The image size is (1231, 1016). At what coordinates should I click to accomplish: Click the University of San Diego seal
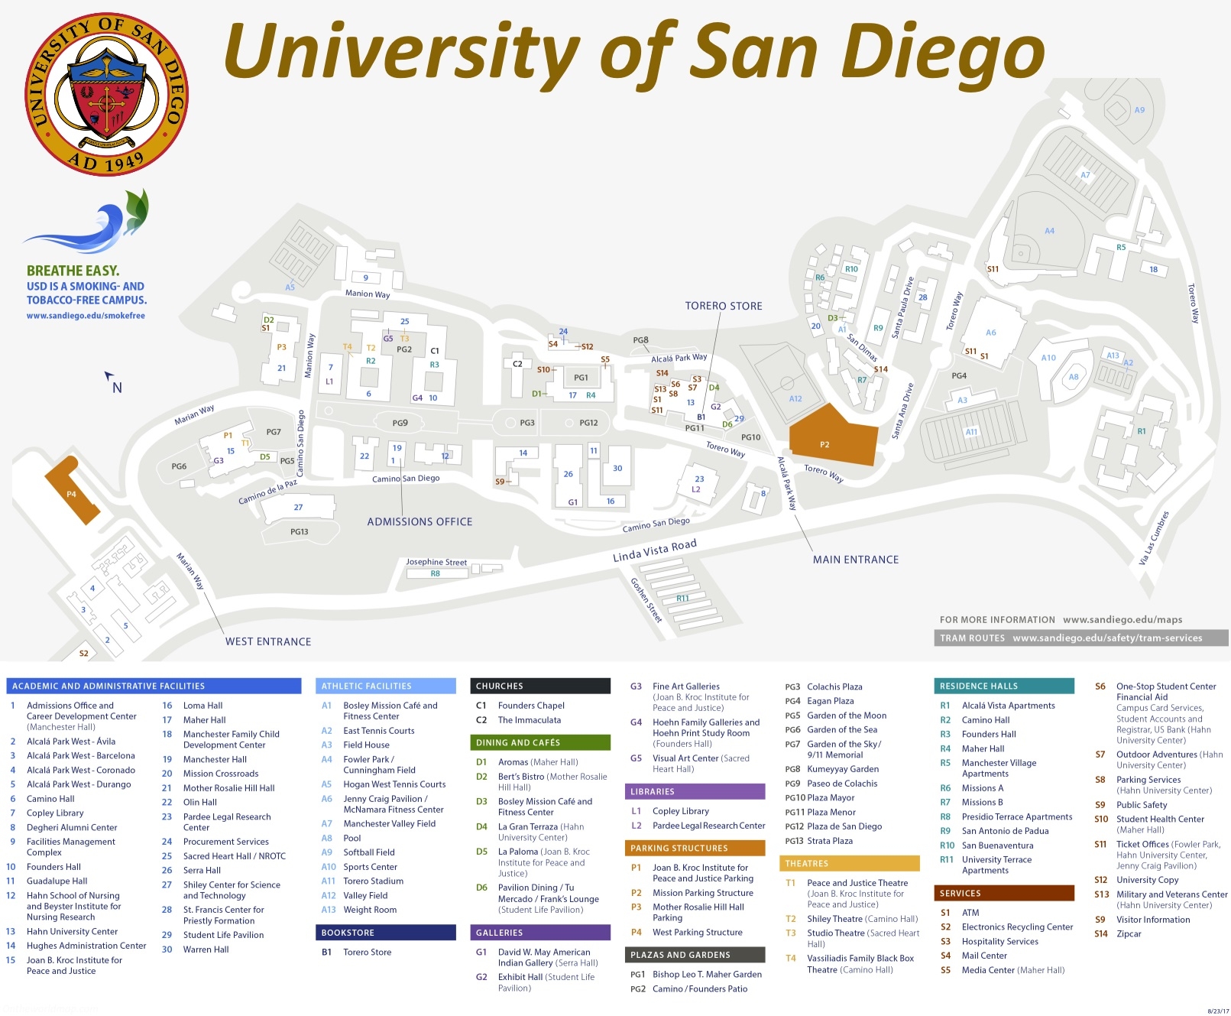click(x=107, y=94)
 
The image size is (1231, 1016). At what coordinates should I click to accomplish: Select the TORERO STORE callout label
click(x=723, y=306)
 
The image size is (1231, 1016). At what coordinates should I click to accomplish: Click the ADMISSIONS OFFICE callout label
click(x=420, y=521)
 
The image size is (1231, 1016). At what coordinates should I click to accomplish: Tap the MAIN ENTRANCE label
click(x=855, y=560)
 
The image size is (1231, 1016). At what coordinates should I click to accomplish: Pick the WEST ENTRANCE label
click(x=267, y=641)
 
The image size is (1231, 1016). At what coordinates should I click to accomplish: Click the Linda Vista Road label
click(x=654, y=550)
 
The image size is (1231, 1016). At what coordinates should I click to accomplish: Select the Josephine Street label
click(x=436, y=562)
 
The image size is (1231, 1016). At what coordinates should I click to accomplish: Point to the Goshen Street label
click(x=646, y=599)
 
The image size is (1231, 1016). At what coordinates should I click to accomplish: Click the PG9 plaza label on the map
click(x=400, y=423)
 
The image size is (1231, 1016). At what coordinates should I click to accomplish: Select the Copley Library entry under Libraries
click(x=680, y=811)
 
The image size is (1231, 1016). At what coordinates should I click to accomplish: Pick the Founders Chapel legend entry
click(x=530, y=706)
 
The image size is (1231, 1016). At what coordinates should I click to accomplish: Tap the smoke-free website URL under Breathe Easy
click(x=86, y=315)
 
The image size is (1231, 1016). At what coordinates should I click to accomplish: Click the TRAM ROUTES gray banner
click(x=1080, y=638)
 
